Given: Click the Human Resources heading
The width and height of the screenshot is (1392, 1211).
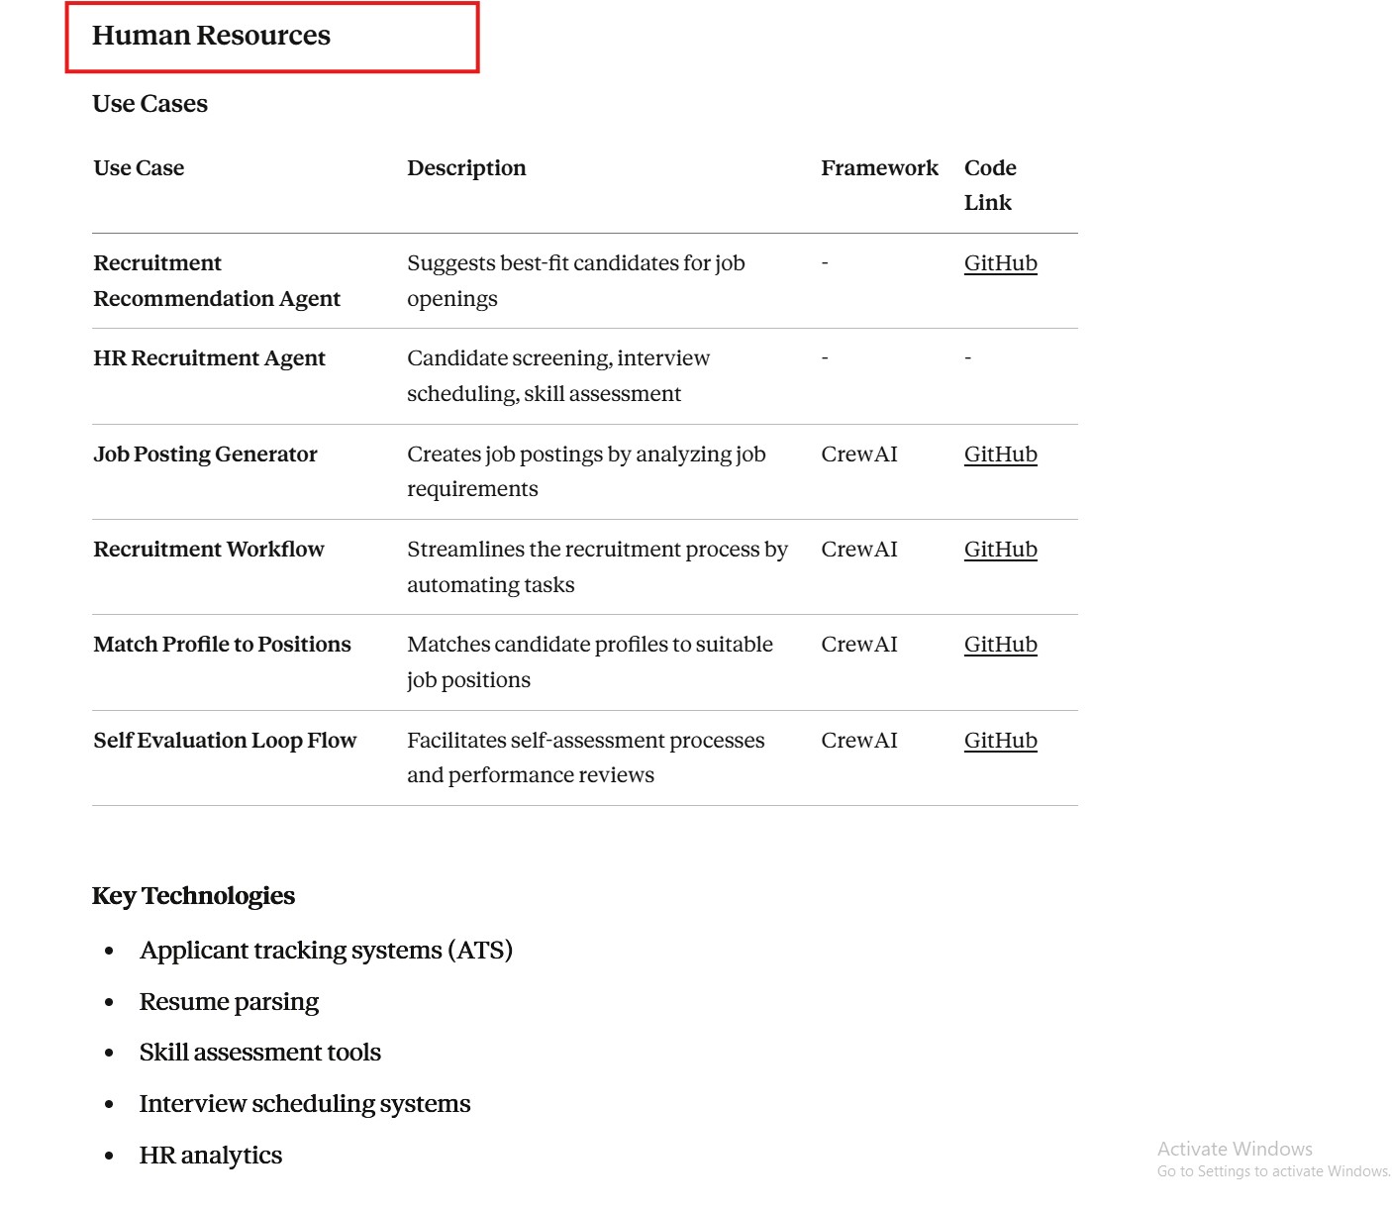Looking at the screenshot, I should point(211,36).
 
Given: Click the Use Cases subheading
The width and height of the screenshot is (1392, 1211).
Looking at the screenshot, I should point(149,104).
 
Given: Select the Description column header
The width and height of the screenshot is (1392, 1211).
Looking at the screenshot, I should point(466,168).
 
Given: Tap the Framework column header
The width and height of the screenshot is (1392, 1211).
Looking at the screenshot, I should point(879,168).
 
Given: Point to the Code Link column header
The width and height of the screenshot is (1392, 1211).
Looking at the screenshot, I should point(989,185).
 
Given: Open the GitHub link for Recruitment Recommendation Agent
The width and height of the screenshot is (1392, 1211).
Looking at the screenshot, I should point(1000,263).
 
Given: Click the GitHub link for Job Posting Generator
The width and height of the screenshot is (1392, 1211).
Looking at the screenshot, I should point(1000,454).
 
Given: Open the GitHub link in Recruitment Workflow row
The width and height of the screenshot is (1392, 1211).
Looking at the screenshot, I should point(1000,550).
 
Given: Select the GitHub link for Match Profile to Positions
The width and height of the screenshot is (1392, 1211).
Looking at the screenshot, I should point(1000,645).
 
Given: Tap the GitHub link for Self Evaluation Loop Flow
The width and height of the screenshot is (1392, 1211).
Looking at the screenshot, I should point(1000,741).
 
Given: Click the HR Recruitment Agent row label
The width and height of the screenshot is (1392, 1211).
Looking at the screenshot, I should point(209,358).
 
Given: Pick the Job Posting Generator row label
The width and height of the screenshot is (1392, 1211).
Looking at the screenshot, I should point(205,454).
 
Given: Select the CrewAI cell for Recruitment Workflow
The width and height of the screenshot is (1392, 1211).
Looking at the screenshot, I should point(858,550).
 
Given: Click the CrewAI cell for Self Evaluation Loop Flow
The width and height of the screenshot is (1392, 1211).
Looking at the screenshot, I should point(858,741).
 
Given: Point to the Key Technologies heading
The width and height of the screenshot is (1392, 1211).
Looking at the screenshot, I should point(193,896).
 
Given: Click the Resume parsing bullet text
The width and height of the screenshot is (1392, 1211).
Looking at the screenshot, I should point(229,1002).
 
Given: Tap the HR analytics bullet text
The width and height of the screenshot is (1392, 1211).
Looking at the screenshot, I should point(210,1156).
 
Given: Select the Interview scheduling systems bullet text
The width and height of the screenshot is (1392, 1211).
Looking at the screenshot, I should point(304,1104).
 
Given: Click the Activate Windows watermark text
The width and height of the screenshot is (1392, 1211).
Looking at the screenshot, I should point(1234,1149).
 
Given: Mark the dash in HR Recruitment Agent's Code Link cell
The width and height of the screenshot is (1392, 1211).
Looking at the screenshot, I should point(967,358).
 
